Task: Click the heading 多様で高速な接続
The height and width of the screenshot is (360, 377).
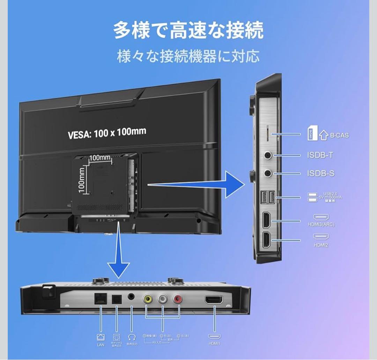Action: [188, 31]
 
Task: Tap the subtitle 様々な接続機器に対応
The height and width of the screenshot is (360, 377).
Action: [188, 56]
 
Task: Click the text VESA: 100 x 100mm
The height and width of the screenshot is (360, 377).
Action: [107, 133]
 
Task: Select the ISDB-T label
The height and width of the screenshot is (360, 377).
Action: [320, 155]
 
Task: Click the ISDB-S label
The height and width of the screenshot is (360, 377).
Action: [320, 173]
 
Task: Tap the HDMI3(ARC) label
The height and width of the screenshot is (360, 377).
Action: [321, 225]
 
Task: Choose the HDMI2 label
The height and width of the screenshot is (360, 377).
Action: [321, 245]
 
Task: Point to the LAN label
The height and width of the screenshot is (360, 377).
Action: [101, 345]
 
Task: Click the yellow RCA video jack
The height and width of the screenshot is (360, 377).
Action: [148, 299]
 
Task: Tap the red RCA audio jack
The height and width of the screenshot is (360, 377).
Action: [178, 299]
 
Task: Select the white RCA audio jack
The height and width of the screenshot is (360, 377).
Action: [163, 299]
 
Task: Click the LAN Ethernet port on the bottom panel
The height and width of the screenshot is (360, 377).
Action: [100, 299]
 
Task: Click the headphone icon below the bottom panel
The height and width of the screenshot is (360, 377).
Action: [132, 337]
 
